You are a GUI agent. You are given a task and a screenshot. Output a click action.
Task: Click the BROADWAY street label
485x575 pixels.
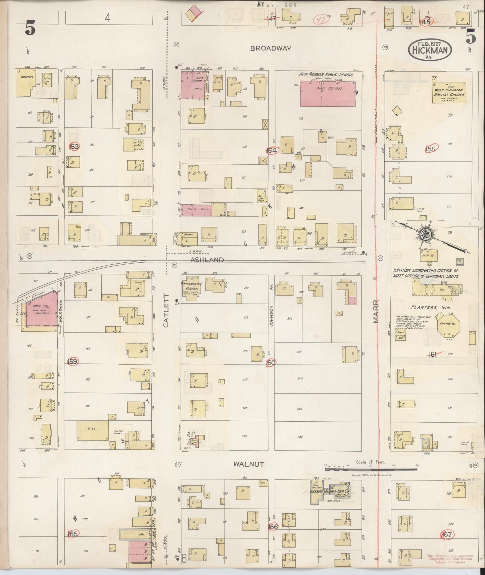[x=271, y=48]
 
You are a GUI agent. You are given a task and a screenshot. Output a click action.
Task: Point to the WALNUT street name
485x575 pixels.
[x=248, y=464]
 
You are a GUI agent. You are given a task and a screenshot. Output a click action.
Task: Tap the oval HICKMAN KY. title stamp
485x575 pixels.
[x=430, y=50]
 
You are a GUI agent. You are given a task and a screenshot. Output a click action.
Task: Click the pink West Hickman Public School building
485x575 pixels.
[x=328, y=94]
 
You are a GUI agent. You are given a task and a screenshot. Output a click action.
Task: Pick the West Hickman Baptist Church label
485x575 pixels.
[x=449, y=92]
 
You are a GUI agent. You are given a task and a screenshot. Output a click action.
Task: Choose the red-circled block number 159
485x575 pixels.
[x=72, y=361]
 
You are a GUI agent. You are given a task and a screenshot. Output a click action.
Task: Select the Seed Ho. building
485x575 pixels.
[x=428, y=254]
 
